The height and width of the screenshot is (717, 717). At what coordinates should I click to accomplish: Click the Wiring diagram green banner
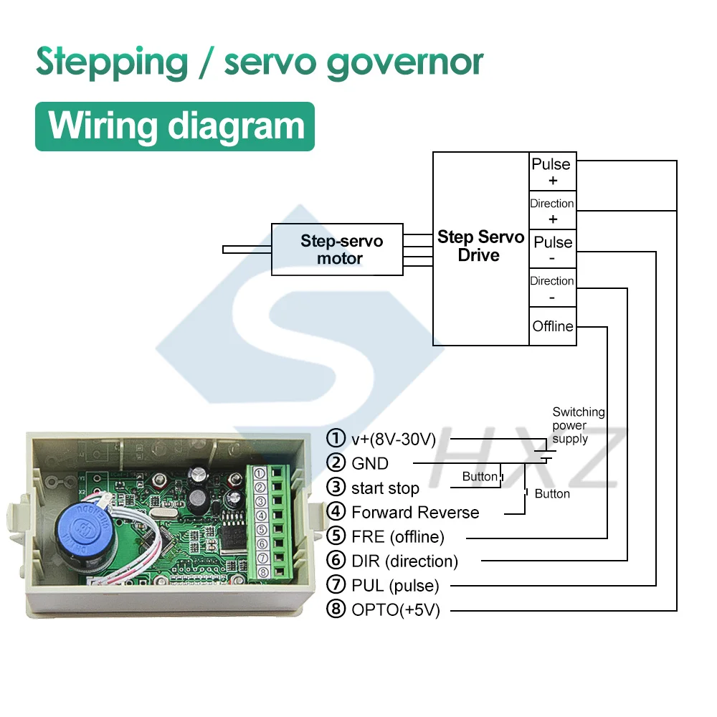[x=175, y=126]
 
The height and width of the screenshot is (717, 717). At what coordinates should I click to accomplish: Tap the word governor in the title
[x=404, y=63]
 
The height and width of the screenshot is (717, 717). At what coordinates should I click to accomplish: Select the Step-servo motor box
[x=337, y=249]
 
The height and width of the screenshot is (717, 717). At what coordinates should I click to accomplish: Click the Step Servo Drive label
[x=480, y=246]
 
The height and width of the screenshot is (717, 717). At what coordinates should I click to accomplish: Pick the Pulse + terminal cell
[x=552, y=171]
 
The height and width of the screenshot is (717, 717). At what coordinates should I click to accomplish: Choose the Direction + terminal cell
[x=552, y=211]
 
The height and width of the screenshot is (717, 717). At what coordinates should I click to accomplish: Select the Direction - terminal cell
[x=552, y=288]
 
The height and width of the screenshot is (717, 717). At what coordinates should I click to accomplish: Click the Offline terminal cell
[x=552, y=326]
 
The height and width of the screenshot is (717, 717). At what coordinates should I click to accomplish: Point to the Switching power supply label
[x=578, y=425]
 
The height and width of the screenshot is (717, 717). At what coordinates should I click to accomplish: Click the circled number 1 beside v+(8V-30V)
[x=335, y=438]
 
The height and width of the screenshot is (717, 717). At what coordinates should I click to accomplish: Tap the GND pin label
[x=370, y=463]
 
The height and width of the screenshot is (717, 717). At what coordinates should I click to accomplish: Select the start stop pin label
[x=385, y=488]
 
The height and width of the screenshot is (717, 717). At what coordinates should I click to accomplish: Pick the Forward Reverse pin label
[x=415, y=513]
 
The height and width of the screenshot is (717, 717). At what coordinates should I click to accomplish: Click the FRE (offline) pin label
[x=398, y=536]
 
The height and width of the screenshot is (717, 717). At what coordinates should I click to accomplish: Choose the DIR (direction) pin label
[x=404, y=561]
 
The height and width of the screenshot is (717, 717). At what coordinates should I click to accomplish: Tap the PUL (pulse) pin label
[x=395, y=585]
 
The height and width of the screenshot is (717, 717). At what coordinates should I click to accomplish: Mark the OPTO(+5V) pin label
[x=396, y=610]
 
